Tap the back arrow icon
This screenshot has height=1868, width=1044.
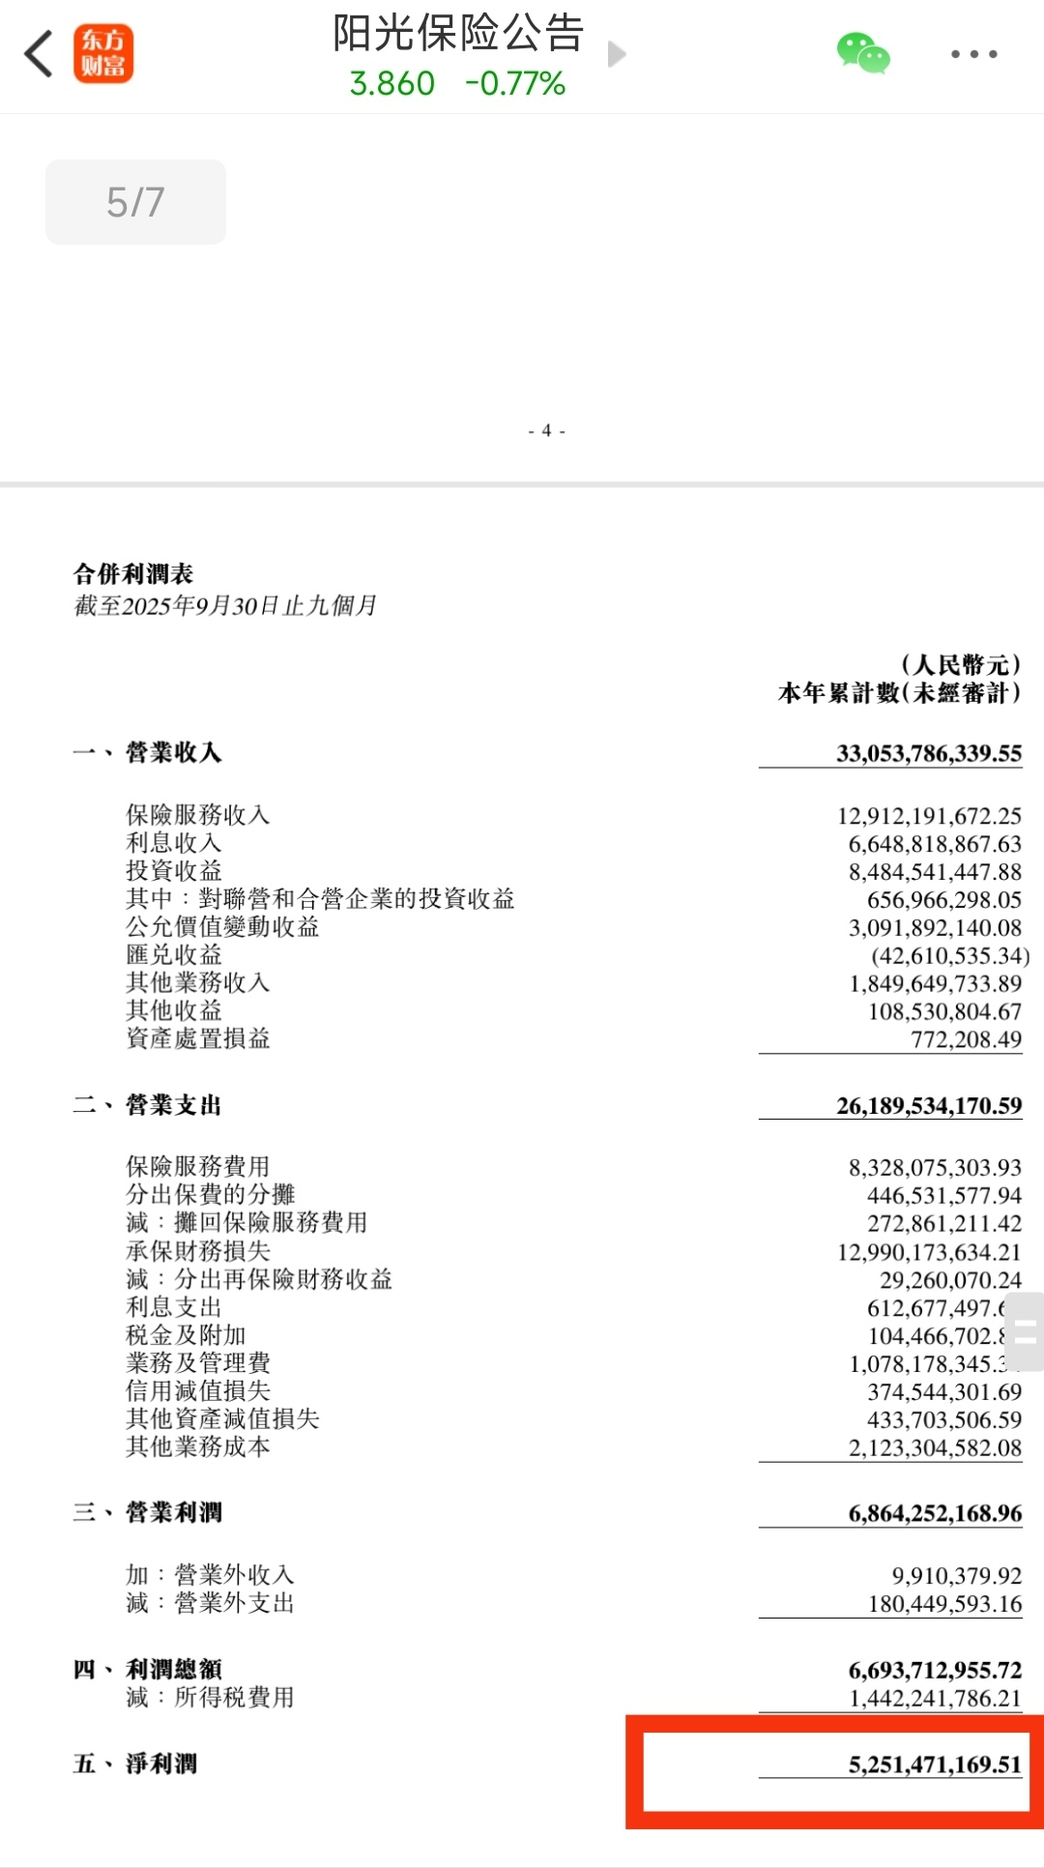pos(39,54)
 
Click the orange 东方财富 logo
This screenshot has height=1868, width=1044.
pos(103,54)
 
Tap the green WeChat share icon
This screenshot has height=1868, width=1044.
pos(862,54)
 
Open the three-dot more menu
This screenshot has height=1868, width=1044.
pos(973,54)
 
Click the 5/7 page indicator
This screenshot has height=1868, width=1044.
pos(135,202)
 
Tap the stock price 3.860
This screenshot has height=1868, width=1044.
pos(391,84)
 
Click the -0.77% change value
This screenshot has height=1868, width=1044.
pos(514,84)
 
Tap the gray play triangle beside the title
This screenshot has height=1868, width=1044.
pos(617,54)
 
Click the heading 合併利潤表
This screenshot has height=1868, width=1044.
pos(133,574)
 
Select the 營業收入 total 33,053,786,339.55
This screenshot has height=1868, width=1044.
pos(928,753)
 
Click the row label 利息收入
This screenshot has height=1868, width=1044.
pos(174,843)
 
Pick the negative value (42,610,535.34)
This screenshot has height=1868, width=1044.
pos(949,956)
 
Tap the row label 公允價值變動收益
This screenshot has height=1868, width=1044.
pos(222,927)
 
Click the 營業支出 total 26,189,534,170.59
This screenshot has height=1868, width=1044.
pos(928,1105)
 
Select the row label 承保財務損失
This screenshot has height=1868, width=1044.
pos(198,1251)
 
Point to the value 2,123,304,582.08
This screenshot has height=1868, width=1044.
pos(934,1447)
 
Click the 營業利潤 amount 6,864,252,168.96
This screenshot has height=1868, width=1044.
pos(934,1513)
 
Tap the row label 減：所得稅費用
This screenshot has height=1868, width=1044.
pos(210,1698)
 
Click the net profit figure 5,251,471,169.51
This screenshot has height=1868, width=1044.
pos(934,1765)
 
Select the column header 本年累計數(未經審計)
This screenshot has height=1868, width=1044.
pos(899,693)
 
